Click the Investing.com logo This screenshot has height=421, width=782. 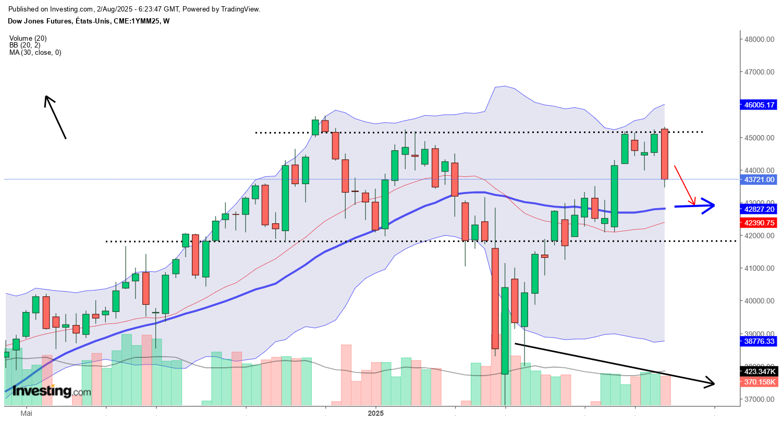coord(51,391)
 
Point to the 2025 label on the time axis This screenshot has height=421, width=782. coord(375,413)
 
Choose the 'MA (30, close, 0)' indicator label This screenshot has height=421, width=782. coord(35,52)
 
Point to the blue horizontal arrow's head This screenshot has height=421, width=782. coord(709,206)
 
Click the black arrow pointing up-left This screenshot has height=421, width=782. coord(55,117)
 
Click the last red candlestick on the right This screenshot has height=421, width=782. coord(665,154)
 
